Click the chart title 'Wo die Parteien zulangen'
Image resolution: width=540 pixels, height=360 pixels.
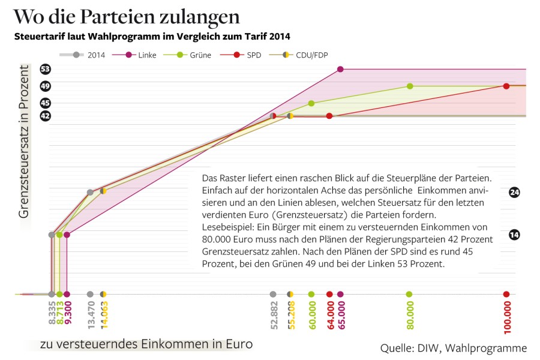click(126, 16)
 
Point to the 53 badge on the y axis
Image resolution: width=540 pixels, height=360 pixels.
click(46, 69)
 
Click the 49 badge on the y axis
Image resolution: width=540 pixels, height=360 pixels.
click(46, 86)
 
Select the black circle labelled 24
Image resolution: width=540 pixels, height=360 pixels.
click(514, 192)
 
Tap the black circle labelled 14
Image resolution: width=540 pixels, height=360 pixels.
click(514, 235)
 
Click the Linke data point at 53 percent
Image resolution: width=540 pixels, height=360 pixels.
click(340, 69)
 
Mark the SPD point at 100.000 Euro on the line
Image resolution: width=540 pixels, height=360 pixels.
click(506, 86)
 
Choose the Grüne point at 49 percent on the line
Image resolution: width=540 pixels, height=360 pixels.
click(410, 86)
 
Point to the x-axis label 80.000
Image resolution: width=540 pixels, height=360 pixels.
click(409, 313)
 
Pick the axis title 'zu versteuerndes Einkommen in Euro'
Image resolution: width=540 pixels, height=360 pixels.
click(146, 344)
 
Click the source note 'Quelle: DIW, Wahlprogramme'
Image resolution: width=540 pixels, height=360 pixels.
click(454, 348)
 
